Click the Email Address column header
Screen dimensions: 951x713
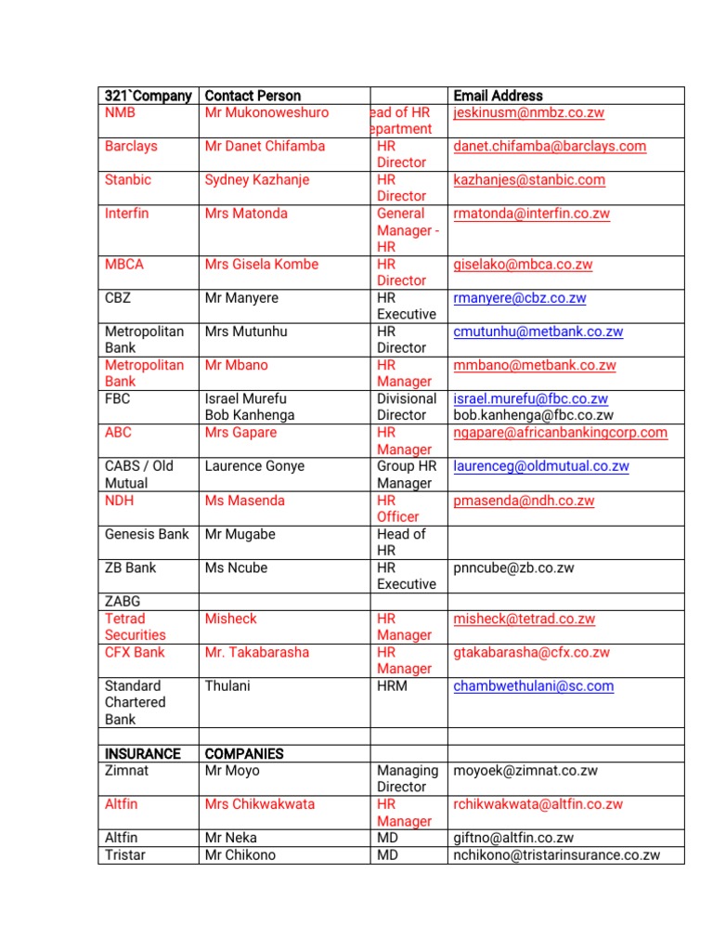point(498,96)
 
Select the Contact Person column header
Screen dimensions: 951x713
point(253,96)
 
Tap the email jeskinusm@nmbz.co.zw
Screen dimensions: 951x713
point(528,113)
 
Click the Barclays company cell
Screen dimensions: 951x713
point(131,147)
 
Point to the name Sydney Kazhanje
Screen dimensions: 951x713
point(256,180)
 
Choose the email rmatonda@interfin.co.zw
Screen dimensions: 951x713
point(531,214)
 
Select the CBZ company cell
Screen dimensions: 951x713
point(118,298)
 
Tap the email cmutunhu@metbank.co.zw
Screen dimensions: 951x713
point(538,332)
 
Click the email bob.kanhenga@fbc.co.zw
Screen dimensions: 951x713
point(533,415)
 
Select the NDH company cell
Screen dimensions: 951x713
point(119,501)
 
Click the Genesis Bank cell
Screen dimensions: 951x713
point(147,534)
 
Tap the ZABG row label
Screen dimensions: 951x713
point(123,602)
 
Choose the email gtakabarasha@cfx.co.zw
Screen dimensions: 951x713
point(531,653)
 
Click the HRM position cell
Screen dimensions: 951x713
point(392,686)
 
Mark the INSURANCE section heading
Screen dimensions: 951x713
point(143,754)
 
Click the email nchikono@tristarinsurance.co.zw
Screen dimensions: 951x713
point(556,854)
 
